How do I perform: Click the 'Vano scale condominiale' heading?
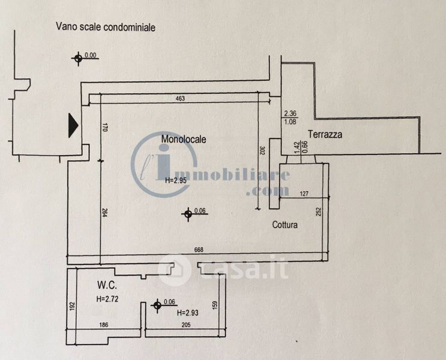tap(106, 27)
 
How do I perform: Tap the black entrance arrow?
tap(73, 125)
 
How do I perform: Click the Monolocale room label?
tap(184, 139)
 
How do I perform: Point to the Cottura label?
tap(285, 225)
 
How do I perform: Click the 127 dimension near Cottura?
tap(303, 193)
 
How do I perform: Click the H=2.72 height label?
tap(107, 298)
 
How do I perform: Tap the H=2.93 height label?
tap(189, 313)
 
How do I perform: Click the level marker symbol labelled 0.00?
tap(77, 58)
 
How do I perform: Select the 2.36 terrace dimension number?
tap(291, 113)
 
